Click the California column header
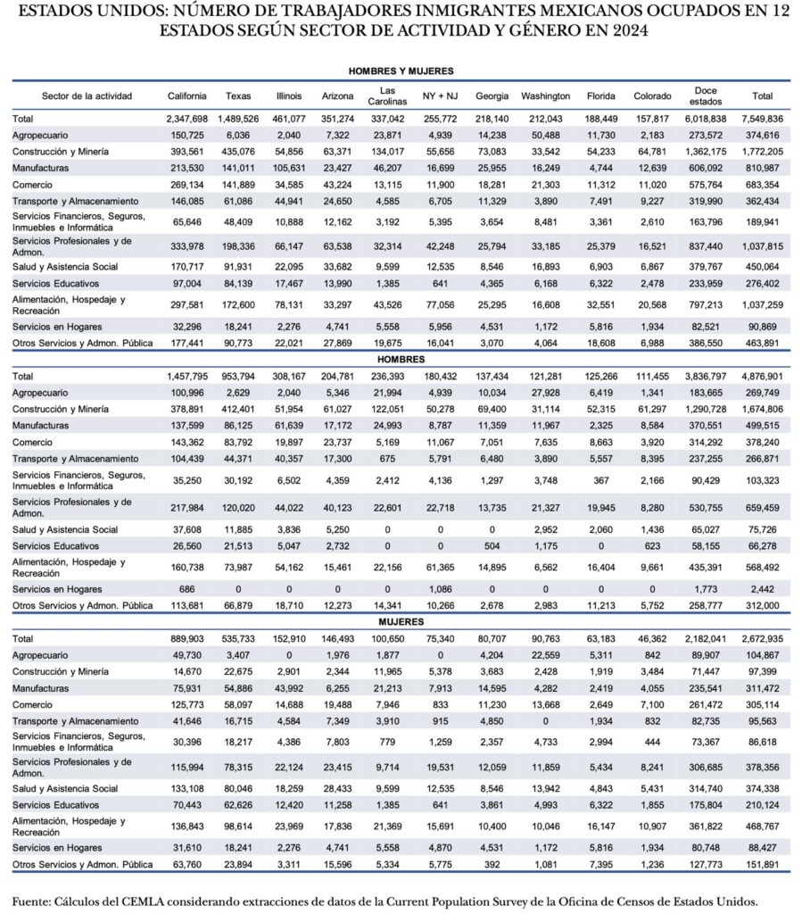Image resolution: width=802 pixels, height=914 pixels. click(x=186, y=96)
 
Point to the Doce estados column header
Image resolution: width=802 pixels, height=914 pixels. click(x=705, y=96)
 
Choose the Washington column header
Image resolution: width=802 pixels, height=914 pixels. click(x=545, y=96)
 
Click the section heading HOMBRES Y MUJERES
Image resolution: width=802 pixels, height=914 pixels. click(x=401, y=71)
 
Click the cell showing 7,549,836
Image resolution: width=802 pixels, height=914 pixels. click(x=763, y=118)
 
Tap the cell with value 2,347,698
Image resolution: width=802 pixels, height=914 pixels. click(x=186, y=118)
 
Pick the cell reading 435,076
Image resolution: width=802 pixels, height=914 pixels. click(x=238, y=151)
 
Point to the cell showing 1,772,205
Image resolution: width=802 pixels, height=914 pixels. click(x=763, y=151)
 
